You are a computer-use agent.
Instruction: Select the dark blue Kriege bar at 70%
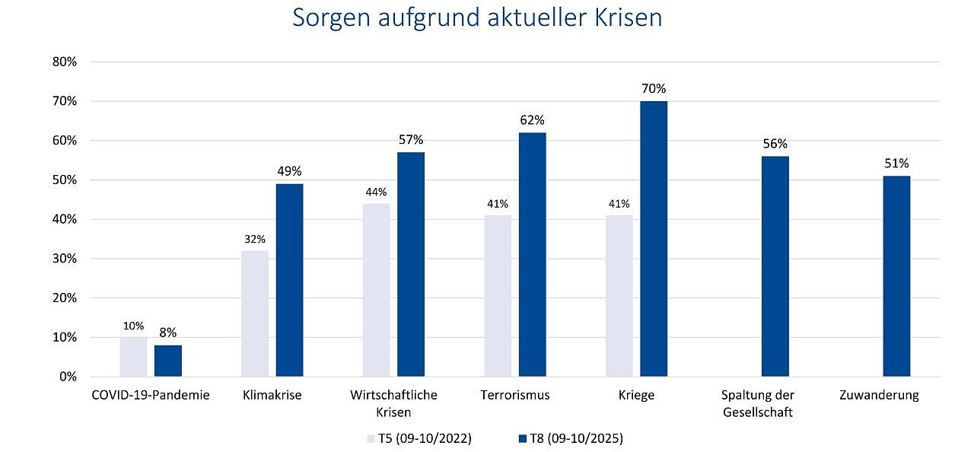(x=653, y=239)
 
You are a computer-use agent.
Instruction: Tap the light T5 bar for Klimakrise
(x=255, y=314)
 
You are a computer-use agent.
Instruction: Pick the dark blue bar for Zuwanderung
(x=896, y=276)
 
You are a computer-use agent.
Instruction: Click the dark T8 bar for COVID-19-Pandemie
(x=168, y=361)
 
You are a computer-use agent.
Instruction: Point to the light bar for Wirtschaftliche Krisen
(x=376, y=290)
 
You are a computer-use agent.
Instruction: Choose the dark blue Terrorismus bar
(x=532, y=255)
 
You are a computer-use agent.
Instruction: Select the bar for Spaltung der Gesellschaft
(x=775, y=266)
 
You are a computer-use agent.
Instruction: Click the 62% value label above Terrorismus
(x=532, y=120)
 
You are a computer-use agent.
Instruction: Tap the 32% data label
(x=255, y=239)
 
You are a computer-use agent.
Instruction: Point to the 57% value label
(x=411, y=140)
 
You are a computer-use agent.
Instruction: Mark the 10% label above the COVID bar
(x=133, y=326)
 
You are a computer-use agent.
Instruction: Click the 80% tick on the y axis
(x=64, y=62)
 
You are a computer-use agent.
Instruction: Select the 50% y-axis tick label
(x=64, y=180)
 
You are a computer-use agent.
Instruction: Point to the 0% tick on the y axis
(x=67, y=377)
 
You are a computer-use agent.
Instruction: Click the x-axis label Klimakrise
(x=272, y=395)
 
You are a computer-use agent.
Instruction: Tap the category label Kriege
(x=636, y=395)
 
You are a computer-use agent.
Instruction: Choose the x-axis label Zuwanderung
(x=879, y=395)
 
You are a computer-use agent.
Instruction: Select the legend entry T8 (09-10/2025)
(x=570, y=438)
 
